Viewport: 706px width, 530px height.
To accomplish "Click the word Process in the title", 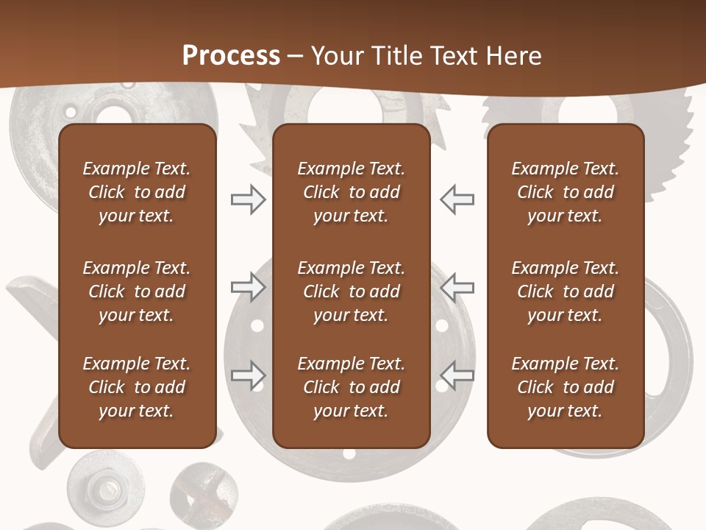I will point(231,56).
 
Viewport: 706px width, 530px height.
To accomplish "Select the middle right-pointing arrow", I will point(248,287).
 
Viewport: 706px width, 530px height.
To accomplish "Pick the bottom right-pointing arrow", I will point(248,375).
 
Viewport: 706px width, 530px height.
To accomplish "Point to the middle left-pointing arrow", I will point(457,287).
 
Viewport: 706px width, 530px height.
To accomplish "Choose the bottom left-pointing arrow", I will point(457,375).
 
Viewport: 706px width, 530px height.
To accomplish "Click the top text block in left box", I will point(137,192).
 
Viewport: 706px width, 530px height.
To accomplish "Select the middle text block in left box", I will point(137,291).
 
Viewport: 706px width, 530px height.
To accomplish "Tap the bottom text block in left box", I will point(137,387).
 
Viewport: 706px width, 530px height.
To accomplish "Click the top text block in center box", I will point(351,192).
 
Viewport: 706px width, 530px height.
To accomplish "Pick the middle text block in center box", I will point(351,291).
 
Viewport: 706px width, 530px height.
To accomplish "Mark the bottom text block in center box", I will point(351,387).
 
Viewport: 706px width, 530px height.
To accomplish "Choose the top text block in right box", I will point(565,192).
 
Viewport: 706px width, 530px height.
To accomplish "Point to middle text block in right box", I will point(565,291).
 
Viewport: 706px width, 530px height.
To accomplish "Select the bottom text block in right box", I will point(565,387).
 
